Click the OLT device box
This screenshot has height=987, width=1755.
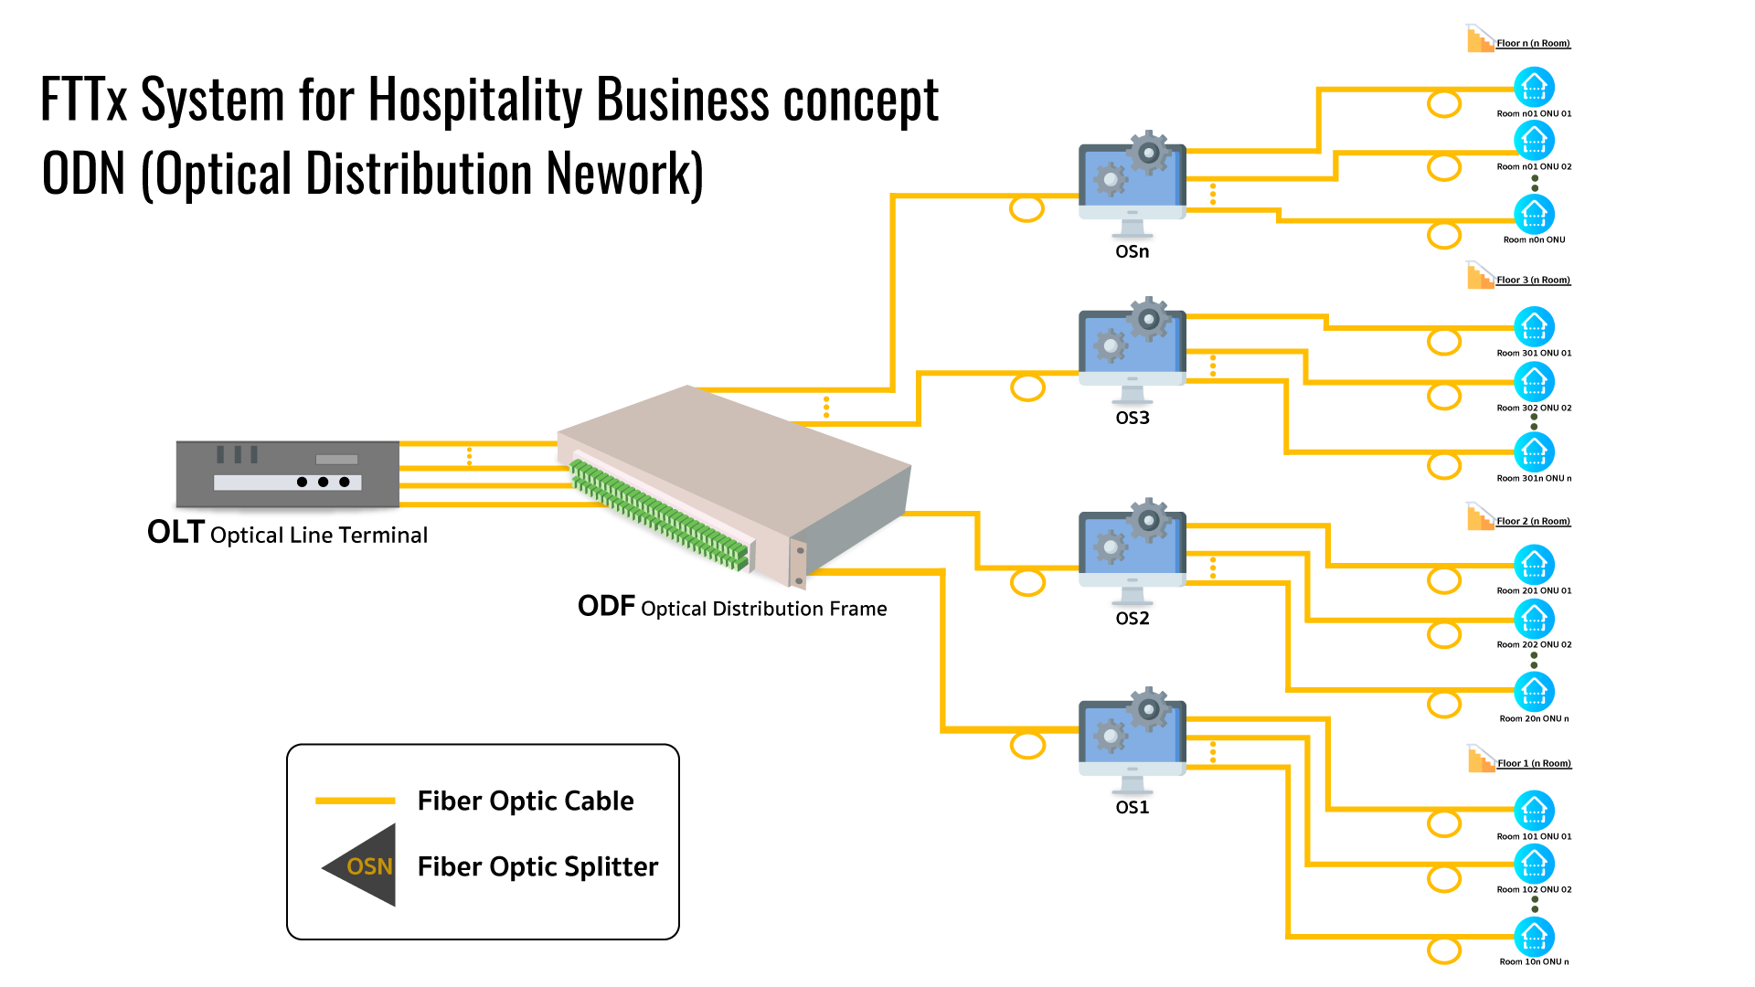point(287,473)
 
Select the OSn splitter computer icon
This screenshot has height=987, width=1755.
point(1132,184)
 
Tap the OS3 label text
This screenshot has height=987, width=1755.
point(1132,418)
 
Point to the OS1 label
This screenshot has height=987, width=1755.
point(1132,807)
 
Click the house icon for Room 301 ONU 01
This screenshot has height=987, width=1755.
point(1534,326)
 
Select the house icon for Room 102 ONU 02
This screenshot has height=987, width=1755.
point(1534,864)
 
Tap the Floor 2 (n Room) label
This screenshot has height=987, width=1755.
point(1533,521)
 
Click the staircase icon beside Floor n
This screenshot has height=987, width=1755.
point(1480,39)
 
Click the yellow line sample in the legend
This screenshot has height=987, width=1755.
point(355,801)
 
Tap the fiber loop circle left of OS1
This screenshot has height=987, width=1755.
point(1027,745)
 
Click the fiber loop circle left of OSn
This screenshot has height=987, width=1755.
point(1026,209)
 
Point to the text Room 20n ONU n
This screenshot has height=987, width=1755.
point(1534,718)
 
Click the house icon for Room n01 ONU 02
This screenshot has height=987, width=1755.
point(1534,140)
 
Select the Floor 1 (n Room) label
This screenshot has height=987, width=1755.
point(1534,763)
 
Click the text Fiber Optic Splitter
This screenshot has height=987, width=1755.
point(537,866)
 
